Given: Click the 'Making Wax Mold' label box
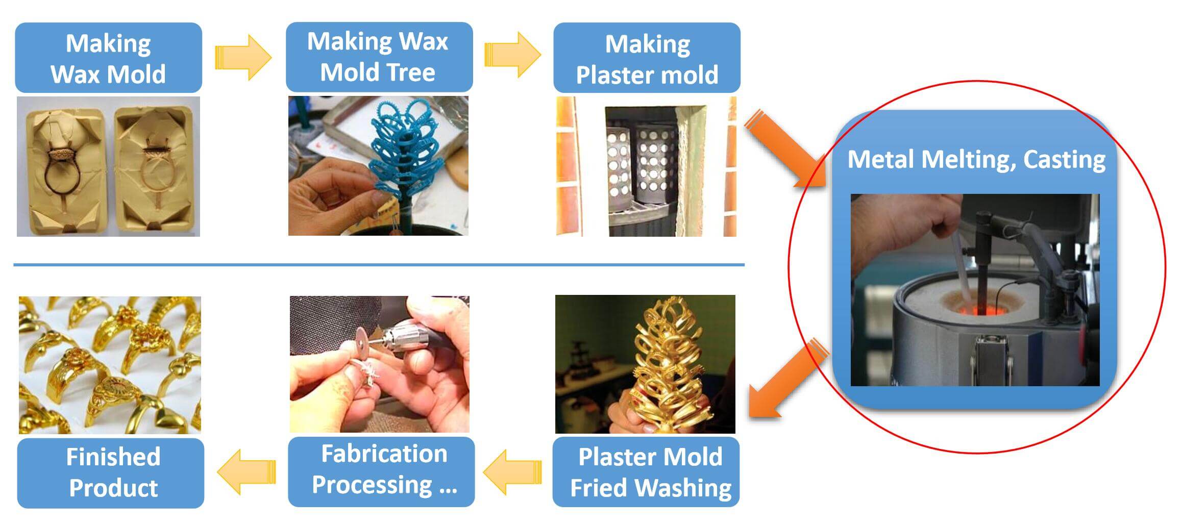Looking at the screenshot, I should pos(108,58).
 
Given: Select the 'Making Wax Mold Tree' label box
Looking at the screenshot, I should pos(379,57).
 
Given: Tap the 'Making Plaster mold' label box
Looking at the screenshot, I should pos(647,58).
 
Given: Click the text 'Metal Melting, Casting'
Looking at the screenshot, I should pos(976,159).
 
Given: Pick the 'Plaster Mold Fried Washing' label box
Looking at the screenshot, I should pos(646,472).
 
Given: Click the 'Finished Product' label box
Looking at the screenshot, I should pos(111,473).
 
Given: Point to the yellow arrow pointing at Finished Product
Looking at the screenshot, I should pos(246,472).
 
